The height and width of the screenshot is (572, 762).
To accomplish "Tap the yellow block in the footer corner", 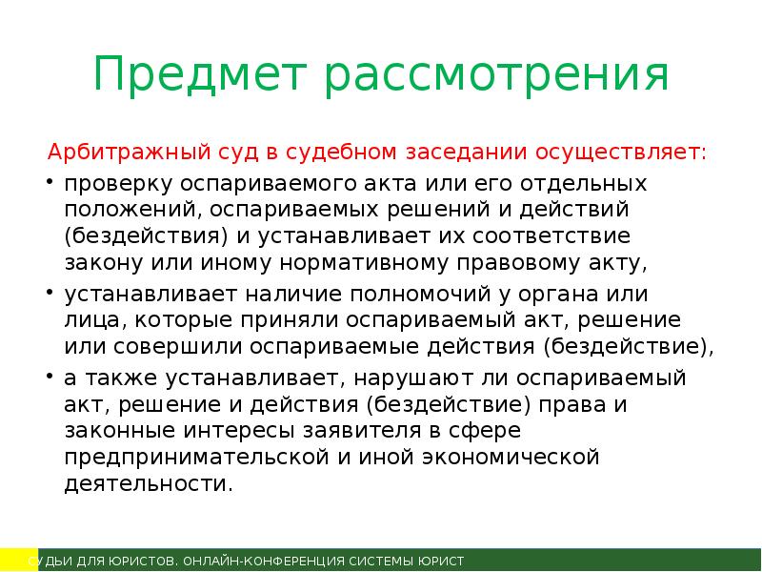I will (13, 560).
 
